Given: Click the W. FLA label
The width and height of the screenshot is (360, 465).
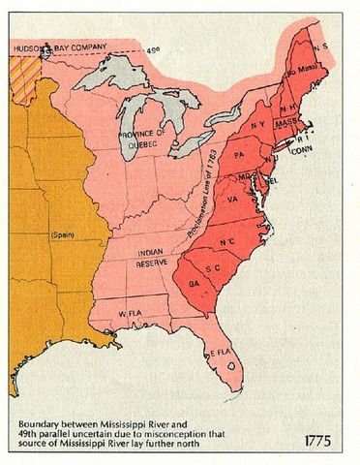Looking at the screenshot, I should coord(132,316).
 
